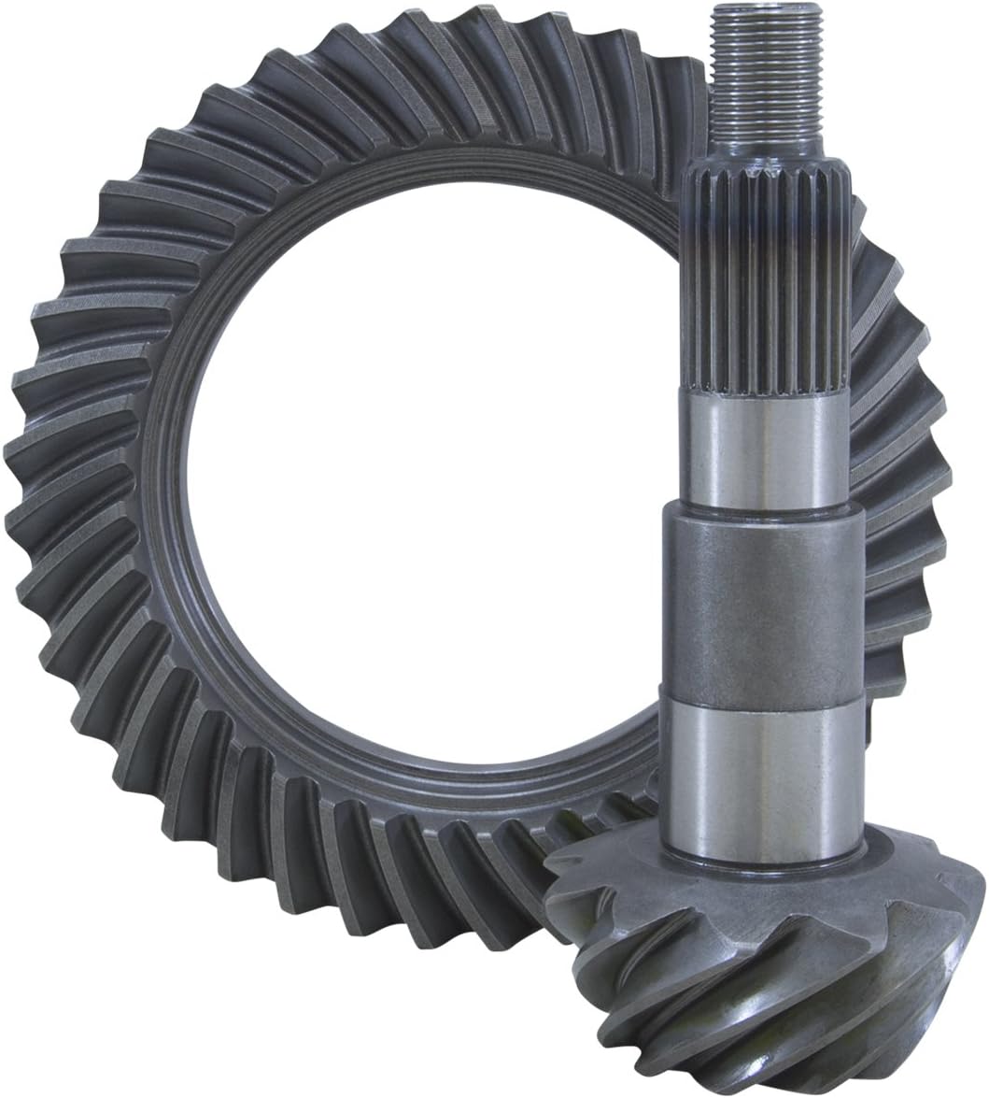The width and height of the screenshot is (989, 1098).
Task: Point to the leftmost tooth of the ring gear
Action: [x=28, y=467]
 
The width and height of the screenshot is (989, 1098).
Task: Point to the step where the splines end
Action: [x=766, y=396]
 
